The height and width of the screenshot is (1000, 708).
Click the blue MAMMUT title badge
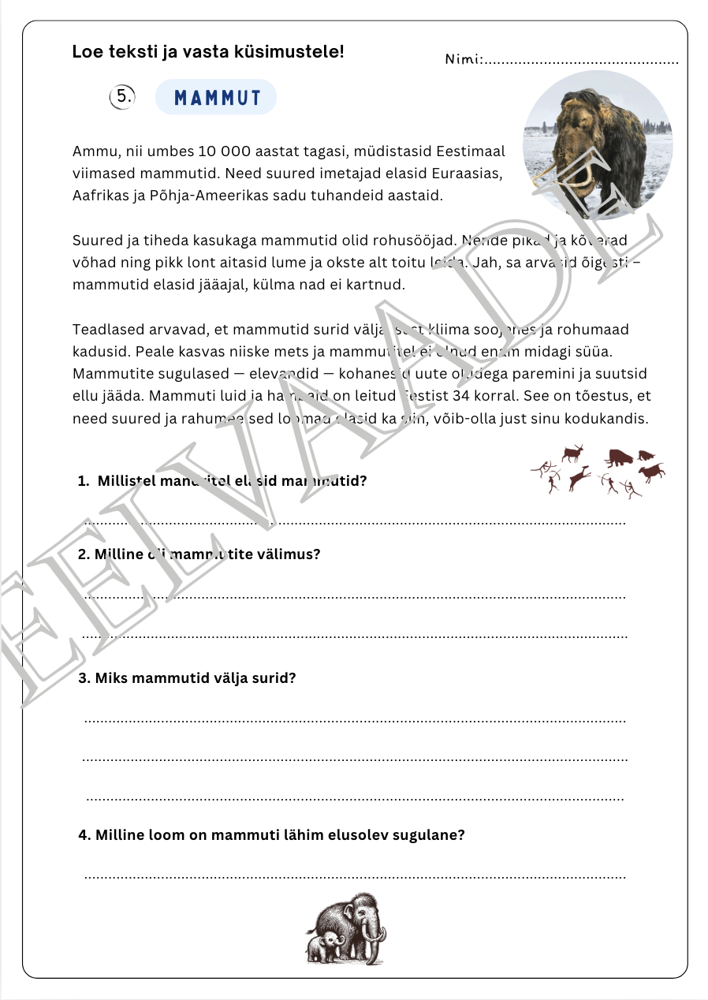pos(216,98)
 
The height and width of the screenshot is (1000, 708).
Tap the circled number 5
pos(122,97)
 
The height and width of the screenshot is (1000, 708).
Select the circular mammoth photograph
pos(598,145)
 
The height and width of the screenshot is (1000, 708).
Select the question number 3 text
pos(188,677)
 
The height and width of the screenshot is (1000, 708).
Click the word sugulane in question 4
pos(432,834)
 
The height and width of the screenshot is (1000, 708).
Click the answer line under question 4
pos(355,875)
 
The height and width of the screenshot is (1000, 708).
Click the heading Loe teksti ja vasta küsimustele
pos(208,52)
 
